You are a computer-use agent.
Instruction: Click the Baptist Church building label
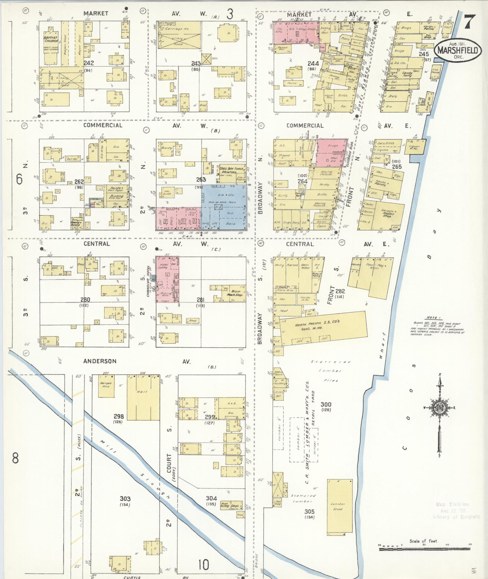[x=51, y=39]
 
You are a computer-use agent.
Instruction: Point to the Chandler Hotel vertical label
[x=149, y=281]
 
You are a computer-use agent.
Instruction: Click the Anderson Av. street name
[x=100, y=361]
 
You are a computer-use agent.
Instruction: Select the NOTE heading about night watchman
[x=431, y=317]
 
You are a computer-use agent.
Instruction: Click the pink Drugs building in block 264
[x=332, y=152]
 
